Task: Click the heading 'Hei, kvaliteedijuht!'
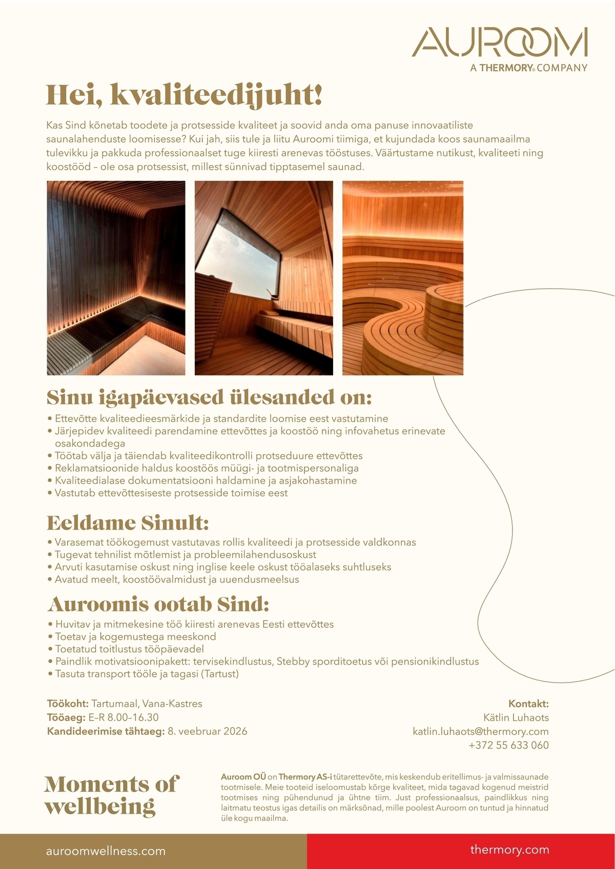tap(184, 95)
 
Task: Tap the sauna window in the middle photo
tap(238, 256)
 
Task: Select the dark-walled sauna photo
tap(116, 278)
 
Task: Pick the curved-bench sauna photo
tap(403, 278)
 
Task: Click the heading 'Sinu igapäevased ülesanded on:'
tap(209, 398)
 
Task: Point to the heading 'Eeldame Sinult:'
tap(128, 523)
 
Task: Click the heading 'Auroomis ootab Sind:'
tap(158, 605)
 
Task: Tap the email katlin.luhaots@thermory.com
tap(480, 732)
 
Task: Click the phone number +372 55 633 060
tap(508, 746)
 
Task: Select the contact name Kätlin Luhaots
tap(516, 718)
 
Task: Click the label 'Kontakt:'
tap(528, 704)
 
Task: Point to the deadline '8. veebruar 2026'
tap(207, 732)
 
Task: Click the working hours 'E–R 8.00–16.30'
tap(124, 718)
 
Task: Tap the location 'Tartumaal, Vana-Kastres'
tap(147, 704)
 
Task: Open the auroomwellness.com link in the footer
tap(106, 852)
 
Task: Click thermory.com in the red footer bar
tap(509, 850)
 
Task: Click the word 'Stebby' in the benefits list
tap(293, 662)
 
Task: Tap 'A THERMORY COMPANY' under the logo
tap(528, 68)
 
